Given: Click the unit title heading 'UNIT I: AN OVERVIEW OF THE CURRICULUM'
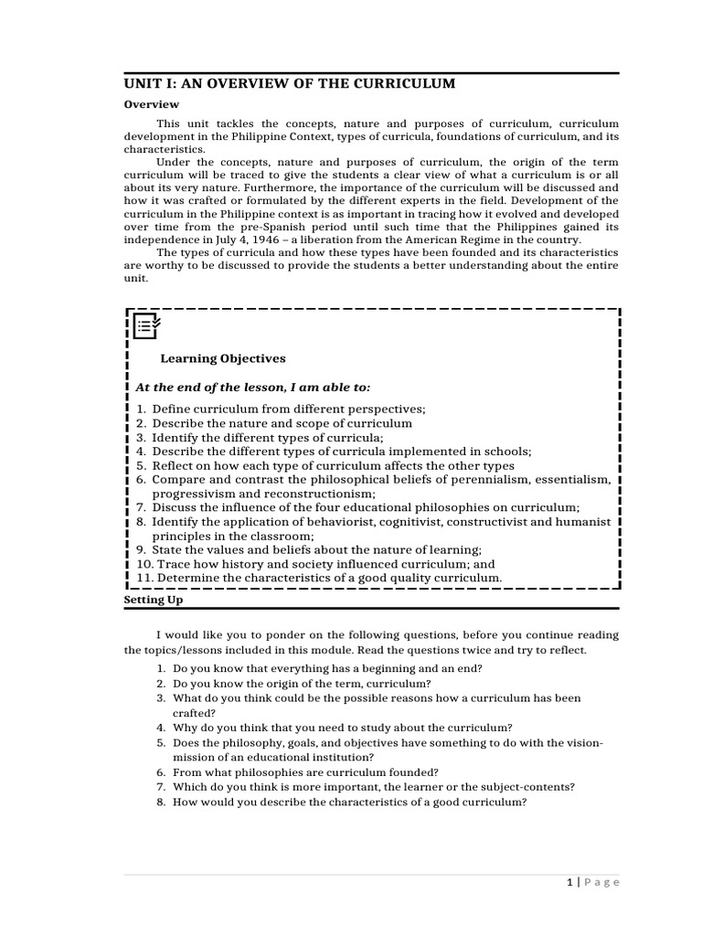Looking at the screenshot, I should (289, 84).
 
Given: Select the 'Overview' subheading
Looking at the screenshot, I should (152, 105).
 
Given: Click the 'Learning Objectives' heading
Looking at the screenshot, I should (223, 358).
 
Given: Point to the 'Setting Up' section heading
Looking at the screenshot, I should (153, 601).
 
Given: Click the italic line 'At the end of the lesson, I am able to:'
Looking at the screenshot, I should (253, 388).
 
